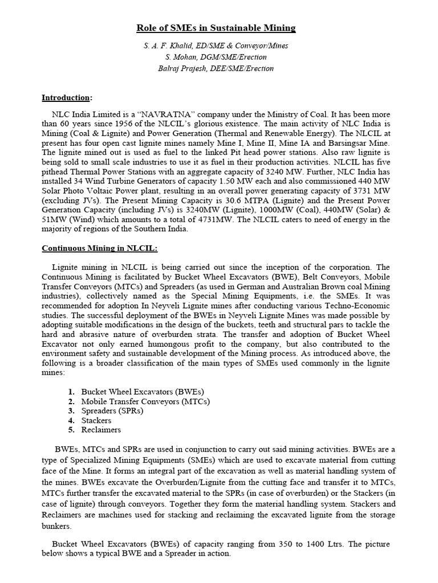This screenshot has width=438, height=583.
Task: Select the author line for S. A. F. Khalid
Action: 216,46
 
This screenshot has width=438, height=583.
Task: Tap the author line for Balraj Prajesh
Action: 216,68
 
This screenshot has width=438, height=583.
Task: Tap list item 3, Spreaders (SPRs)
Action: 112,410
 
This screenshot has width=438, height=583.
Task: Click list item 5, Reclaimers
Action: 101,430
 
